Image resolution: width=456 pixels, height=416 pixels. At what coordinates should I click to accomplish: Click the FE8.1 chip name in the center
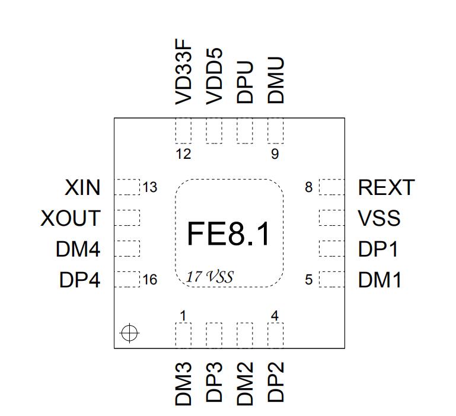[x=228, y=233]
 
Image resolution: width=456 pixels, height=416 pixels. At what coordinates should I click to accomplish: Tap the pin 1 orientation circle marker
[x=129, y=334]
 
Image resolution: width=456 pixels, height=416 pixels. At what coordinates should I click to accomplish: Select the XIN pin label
[x=82, y=188]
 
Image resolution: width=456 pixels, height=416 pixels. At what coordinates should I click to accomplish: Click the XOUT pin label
[x=71, y=218]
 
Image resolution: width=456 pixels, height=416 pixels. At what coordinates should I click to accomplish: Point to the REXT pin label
[x=386, y=188]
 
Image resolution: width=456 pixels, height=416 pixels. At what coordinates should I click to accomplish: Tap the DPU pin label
[x=245, y=82]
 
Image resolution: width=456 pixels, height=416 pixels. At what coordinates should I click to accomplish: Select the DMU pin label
[x=276, y=81]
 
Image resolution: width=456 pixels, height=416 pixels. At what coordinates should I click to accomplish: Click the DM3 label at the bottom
[x=184, y=384]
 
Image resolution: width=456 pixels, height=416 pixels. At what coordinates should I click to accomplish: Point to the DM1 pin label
[x=380, y=280]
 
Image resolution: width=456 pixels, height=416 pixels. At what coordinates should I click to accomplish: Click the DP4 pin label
[x=79, y=280]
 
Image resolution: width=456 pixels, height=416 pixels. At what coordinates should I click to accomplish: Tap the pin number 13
[x=149, y=188]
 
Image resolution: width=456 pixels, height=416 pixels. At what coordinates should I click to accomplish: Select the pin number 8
[x=308, y=188]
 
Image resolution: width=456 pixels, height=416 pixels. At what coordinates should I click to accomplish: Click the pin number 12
[x=184, y=155]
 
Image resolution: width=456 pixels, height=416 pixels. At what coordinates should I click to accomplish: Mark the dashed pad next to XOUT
[x=127, y=217]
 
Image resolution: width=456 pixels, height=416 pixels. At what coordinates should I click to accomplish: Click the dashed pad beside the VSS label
[x=331, y=217]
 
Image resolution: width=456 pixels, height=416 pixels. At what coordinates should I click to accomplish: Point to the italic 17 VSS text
[x=209, y=277]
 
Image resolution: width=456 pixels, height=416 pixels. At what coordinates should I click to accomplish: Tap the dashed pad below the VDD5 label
[x=214, y=131]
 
